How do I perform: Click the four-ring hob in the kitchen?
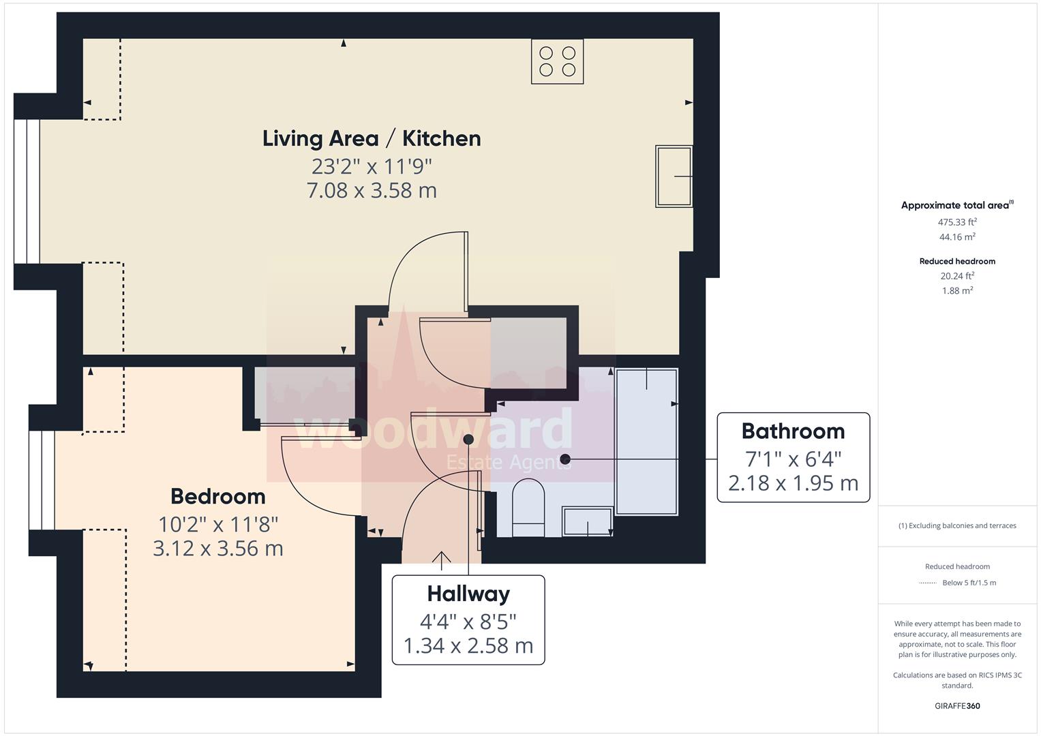tap(557, 61)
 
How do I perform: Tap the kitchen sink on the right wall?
tap(674, 176)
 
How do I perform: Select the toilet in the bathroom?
tap(528, 509)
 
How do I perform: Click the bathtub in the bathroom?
tap(646, 442)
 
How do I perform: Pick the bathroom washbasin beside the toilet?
tap(588, 521)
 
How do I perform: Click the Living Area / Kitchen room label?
tap(372, 138)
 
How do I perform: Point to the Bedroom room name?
tap(217, 496)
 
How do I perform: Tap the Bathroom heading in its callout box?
tap(793, 431)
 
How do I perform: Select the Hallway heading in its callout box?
tap(468, 594)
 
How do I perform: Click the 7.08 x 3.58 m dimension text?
tap(372, 190)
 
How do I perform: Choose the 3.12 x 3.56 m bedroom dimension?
tap(217, 548)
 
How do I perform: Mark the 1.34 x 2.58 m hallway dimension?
tap(468, 645)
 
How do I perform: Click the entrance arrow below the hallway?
tap(442, 560)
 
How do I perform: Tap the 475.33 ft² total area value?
tap(957, 222)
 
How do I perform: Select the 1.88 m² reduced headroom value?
tap(957, 290)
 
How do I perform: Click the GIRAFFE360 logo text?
tap(957, 706)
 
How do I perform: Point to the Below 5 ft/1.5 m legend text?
tap(969, 583)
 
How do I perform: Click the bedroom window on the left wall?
tap(42, 480)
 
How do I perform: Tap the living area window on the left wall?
tap(27, 191)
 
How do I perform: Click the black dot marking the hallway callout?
tap(468, 440)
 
